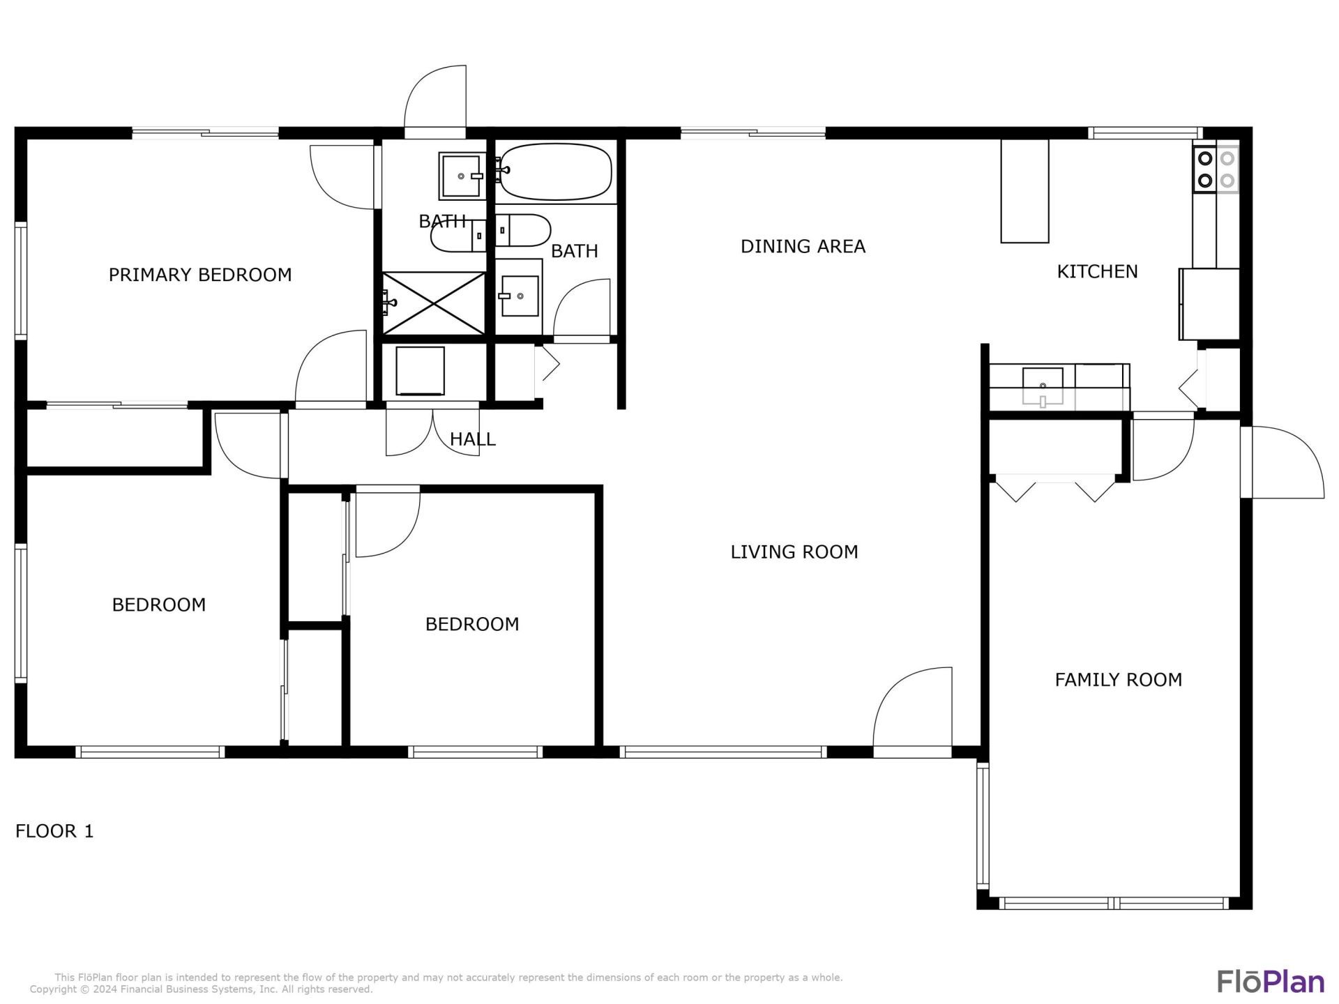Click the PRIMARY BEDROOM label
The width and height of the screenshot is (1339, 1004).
pyautogui.click(x=200, y=275)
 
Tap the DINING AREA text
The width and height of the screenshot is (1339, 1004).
pyautogui.click(x=803, y=246)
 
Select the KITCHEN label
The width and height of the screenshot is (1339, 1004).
pyautogui.click(x=1097, y=271)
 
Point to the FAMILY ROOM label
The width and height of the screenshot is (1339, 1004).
pyautogui.click(x=1118, y=680)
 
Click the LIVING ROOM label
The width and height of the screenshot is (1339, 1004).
pyautogui.click(x=794, y=552)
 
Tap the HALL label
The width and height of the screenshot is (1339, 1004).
pyautogui.click(x=472, y=439)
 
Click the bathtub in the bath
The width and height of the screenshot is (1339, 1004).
pyautogui.click(x=556, y=172)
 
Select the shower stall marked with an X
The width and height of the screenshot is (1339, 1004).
pyautogui.click(x=434, y=303)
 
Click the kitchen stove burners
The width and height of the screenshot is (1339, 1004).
pyautogui.click(x=1216, y=169)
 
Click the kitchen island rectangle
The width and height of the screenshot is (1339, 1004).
pyautogui.click(x=1024, y=191)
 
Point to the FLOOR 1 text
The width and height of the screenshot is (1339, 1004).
pyautogui.click(x=54, y=831)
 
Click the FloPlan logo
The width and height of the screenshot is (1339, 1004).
pyautogui.click(x=1271, y=981)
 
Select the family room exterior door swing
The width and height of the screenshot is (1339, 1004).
pyautogui.click(x=1283, y=464)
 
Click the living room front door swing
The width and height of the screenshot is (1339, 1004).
pyautogui.click(x=912, y=711)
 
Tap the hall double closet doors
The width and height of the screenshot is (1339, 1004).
pyautogui.click(x=433, y=432)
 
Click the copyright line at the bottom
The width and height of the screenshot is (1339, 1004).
pyautogui.click(x=202, y=989)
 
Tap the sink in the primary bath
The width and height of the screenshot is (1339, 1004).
pyautogui.click(x=462, y=176)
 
